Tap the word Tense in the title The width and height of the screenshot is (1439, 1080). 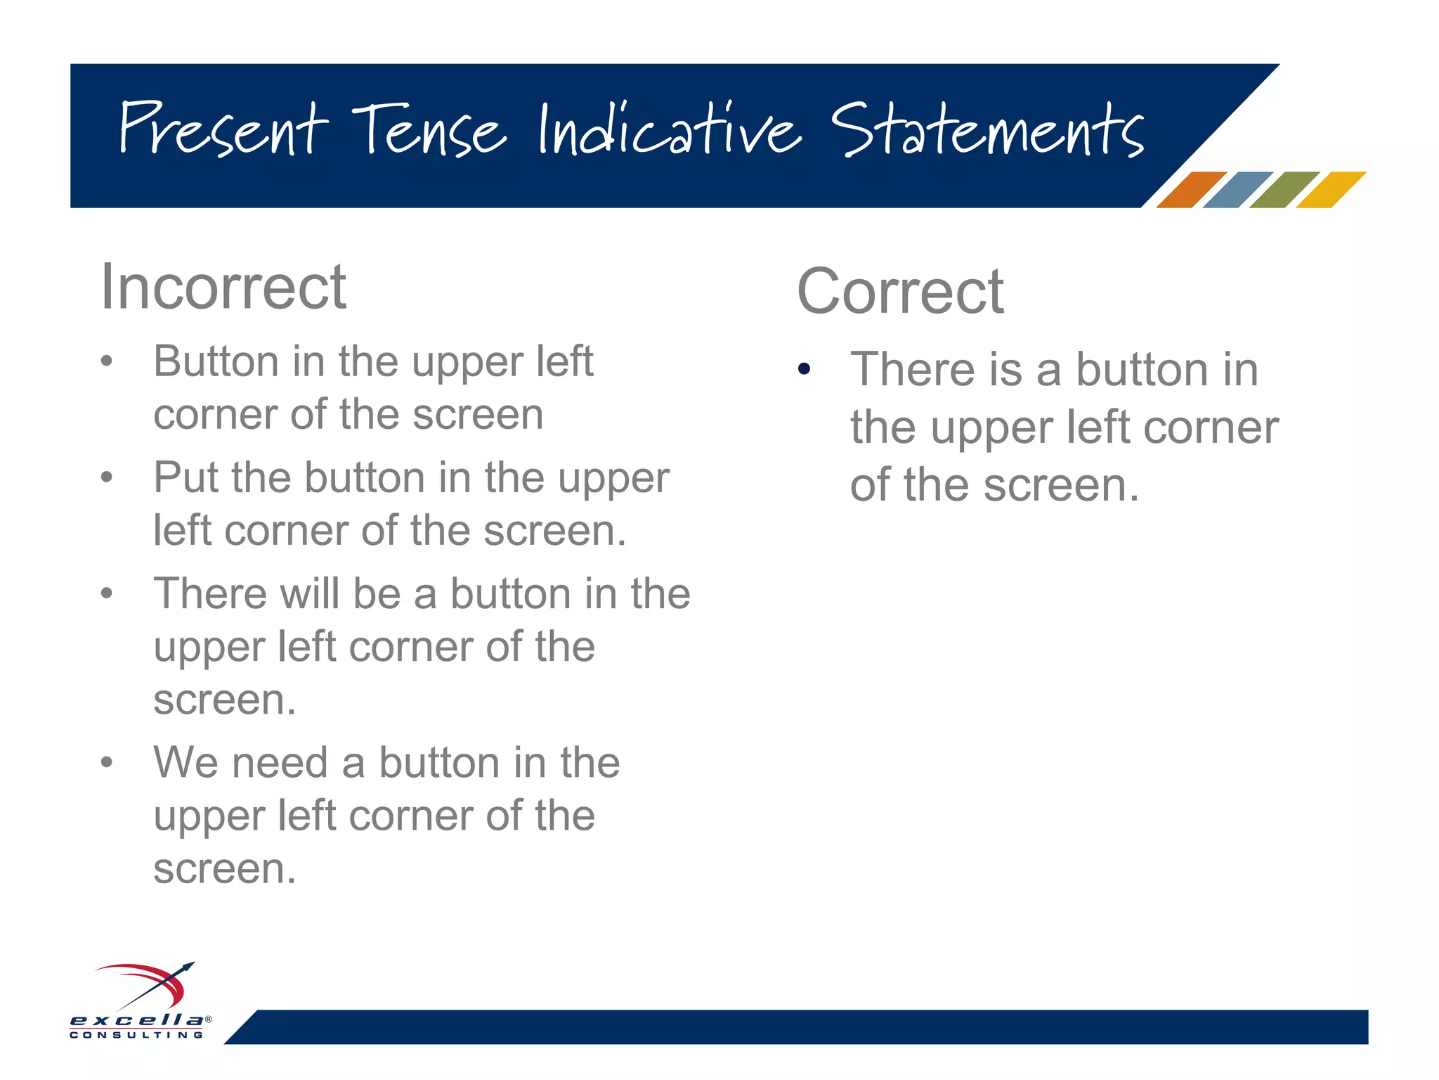tap(429, 130)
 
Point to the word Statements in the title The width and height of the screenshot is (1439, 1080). tap(987, 130)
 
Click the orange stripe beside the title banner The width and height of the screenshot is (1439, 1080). tap(1191, 190)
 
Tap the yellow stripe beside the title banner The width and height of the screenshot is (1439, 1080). tap(1331, 190)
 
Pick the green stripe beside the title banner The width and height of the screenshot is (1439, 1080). tap(1284, 190)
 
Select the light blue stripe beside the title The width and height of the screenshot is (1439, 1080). tap(1237, 190)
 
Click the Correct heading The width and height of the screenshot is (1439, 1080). tap(900, 292)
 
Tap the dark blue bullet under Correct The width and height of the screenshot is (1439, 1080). tap(805, 368)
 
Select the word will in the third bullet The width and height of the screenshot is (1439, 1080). tap(310, 594)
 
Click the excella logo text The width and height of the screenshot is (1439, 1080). tap(137, 1020)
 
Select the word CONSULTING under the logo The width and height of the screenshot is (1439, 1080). tap(137, 1035)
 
